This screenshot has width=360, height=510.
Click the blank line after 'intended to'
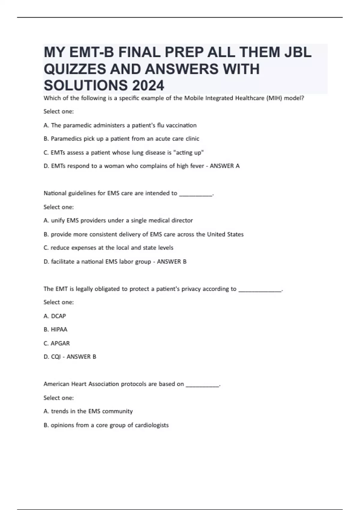click(x=196, y=193)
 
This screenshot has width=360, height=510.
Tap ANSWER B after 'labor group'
click(x=172, y=262)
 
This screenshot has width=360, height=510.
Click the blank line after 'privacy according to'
click(x=260, y=289)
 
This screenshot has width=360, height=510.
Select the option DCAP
click(x=58, y=316)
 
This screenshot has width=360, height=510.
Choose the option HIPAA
click(x=59, y=330)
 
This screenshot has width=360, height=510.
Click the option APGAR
click(x=60, y=343)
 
